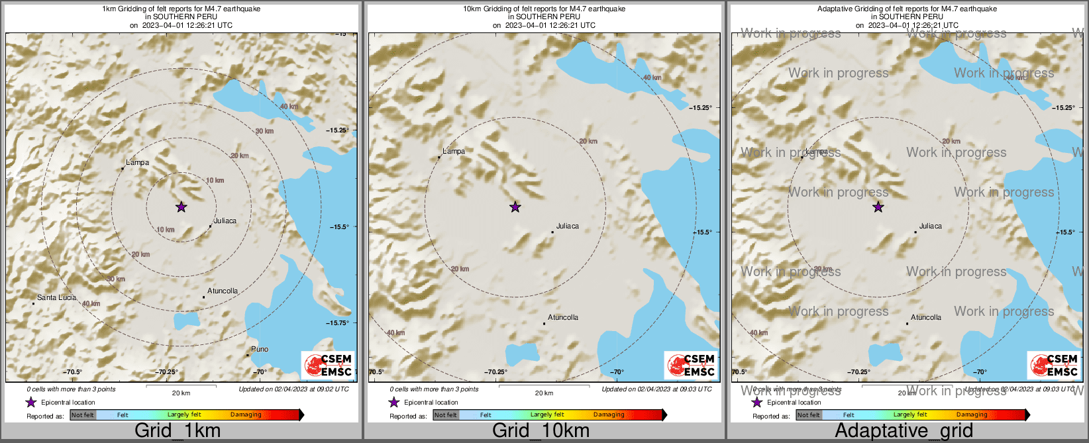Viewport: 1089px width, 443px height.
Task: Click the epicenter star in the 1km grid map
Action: tap(181, 207)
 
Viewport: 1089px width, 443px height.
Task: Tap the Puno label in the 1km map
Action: tap(260, 349)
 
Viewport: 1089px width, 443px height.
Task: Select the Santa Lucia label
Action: tap(56, 297)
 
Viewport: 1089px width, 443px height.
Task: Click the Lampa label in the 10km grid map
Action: tap(454, 151)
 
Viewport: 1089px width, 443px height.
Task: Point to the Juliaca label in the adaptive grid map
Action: tap(930, 226)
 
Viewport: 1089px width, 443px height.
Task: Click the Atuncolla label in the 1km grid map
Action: tap(223, 291)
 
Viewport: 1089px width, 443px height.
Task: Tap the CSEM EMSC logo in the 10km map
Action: tap(691, 366)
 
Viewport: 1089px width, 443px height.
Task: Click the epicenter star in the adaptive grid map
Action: tap(878, 207)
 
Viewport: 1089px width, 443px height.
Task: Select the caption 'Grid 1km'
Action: tap(178, 430)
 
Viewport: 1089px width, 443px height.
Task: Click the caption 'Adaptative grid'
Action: tap(904, 430)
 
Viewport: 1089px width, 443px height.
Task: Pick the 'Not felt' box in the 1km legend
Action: tap(83, 415)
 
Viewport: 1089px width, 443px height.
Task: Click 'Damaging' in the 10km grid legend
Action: tap(609, 415)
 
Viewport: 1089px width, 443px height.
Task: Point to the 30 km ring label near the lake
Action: tap(264, 131)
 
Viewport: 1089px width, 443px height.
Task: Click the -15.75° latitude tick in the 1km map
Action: tap(337, 322)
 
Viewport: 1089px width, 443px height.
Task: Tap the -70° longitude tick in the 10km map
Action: tap(617, 372)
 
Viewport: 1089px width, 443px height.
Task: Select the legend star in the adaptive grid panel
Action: tap(756, 403)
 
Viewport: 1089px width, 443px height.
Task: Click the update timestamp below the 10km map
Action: tap(656, 389)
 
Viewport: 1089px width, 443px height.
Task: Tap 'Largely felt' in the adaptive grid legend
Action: tap(910, 415)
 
